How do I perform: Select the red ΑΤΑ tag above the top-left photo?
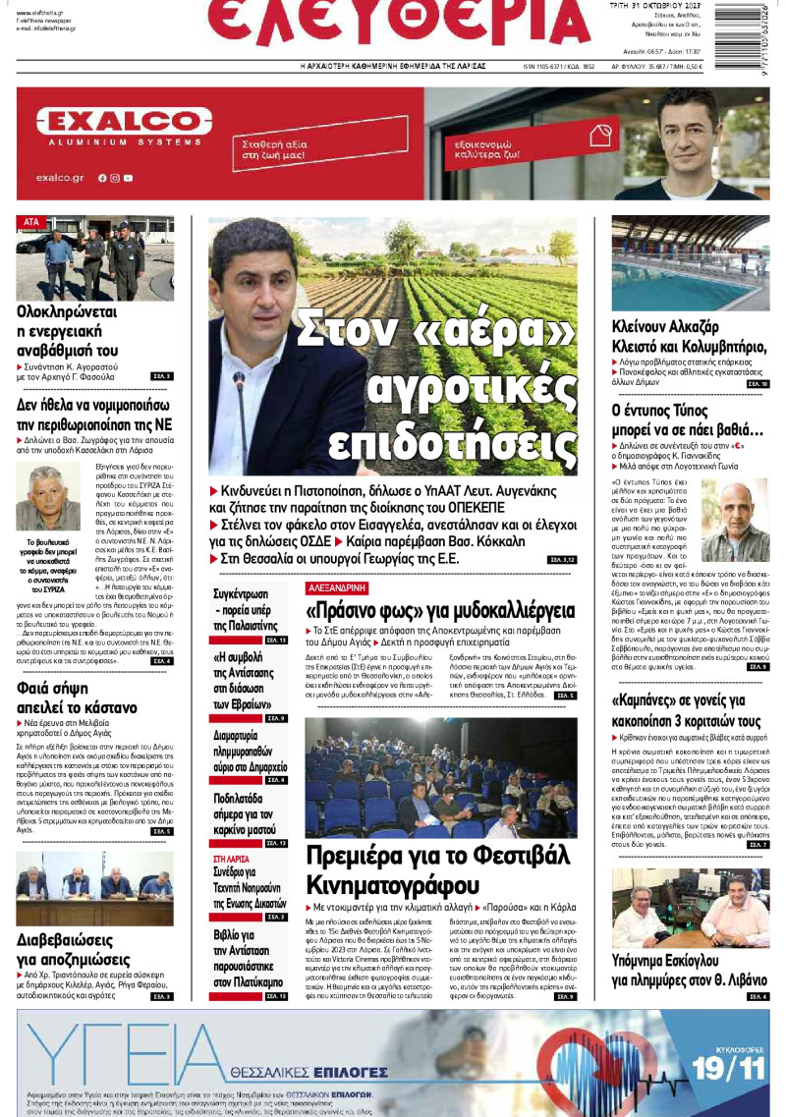point(30,222)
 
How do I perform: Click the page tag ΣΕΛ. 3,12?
point(561,559)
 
